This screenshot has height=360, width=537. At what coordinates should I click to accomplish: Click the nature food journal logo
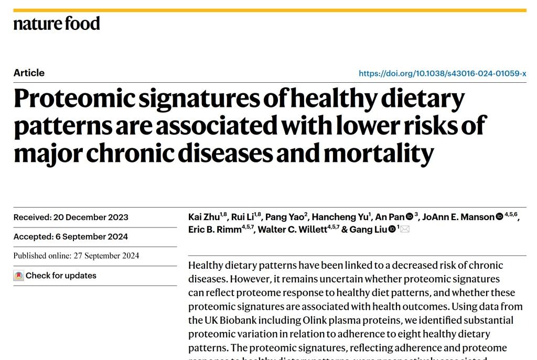coord(57,24)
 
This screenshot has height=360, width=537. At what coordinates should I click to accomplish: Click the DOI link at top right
coord(442,73)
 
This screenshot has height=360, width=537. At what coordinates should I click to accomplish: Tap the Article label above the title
coord(29,73)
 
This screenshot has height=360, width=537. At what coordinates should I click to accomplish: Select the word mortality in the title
coord(379,153)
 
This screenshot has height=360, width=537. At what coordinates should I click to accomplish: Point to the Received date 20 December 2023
coord(71,217)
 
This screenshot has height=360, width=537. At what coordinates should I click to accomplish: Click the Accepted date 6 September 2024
coord(70,237)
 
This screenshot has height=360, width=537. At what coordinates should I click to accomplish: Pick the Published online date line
coord(76,256)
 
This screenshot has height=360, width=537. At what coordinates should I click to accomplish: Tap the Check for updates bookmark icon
coord(19,276)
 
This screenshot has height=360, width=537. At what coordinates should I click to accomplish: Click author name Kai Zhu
coord(204,217)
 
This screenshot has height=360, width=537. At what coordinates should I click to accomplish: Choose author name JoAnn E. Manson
coord(458,217)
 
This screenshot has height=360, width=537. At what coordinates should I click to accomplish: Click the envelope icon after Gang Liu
coord(405,229)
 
